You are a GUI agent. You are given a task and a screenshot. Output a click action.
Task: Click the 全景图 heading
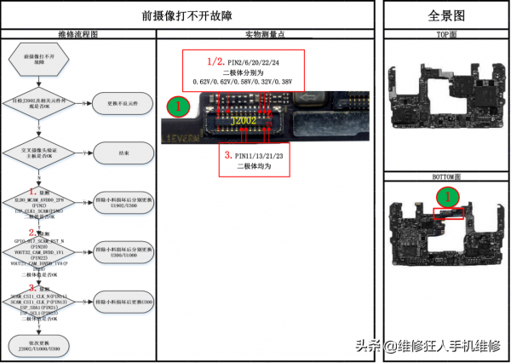pos(445,16)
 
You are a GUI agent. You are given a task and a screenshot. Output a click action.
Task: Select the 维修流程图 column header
pos(78,35)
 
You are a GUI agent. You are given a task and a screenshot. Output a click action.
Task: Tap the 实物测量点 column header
pos(265,35)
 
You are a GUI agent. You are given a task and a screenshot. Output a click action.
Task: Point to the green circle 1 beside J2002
pos(176,107)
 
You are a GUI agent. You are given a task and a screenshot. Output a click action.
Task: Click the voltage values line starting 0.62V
pos(254,82)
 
